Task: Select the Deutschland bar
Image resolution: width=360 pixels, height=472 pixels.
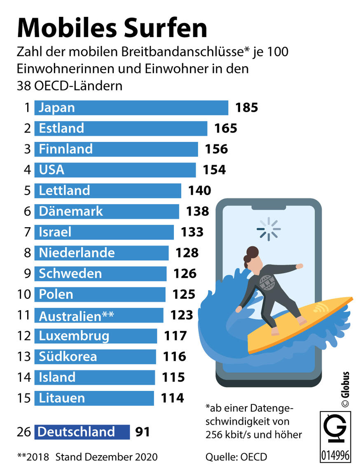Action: point(82,432)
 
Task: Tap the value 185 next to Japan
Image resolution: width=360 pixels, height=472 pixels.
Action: point(246,108)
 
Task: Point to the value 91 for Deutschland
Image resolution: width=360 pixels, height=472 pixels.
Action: point(142,432)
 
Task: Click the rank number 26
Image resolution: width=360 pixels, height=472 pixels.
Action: point(24,432)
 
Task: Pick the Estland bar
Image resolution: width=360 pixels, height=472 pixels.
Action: point(121,128)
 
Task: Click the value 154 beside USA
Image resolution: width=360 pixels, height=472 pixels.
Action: point(214,170)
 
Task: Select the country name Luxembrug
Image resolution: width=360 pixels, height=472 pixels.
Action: point(74,336)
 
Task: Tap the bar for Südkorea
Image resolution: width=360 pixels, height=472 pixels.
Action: point(95,356)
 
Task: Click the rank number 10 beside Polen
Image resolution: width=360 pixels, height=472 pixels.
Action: point(24,294)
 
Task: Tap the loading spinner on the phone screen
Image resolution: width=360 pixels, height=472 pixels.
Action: point(269,229)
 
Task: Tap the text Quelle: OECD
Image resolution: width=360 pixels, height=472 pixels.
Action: point(236,456)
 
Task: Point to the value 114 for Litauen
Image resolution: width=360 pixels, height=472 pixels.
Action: point(172,398)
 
